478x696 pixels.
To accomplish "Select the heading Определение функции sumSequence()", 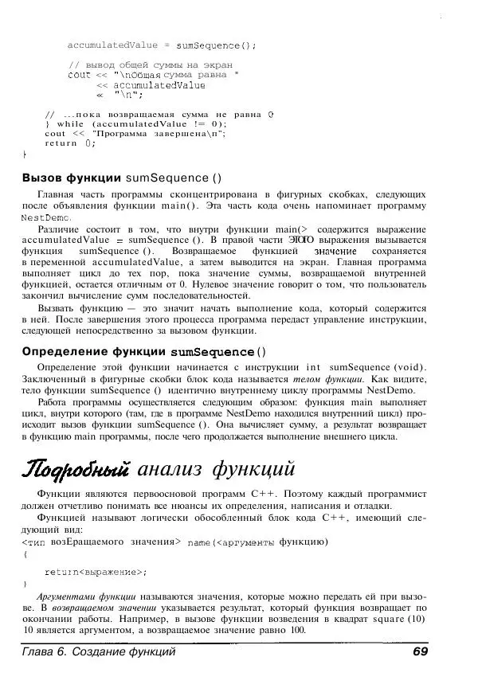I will tap(144, 351).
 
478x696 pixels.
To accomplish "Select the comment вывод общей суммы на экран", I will tap(151, 64).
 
